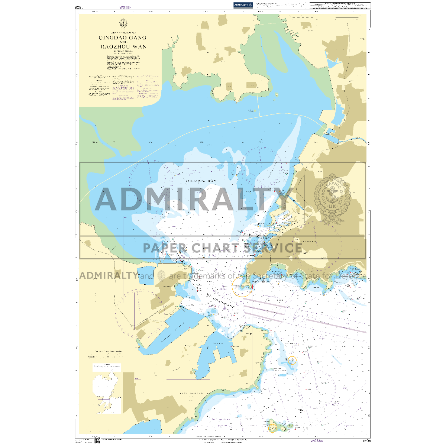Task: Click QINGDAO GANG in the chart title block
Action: (122, 38)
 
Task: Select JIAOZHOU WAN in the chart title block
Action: (123, 47)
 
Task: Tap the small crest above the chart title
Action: (123, 23)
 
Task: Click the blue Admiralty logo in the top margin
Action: (243, 5)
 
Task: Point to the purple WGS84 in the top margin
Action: (126, 7)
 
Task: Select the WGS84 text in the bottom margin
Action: (317, 441)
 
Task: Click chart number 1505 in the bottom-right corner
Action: (366, 441)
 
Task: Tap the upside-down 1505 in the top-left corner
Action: (78, 7)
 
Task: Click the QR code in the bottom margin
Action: (97, 440)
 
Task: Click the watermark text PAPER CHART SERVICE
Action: (223, 248)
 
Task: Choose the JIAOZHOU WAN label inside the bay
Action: (201, 181)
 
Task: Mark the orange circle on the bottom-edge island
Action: (273, 427)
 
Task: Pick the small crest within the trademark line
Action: (161, 276)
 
